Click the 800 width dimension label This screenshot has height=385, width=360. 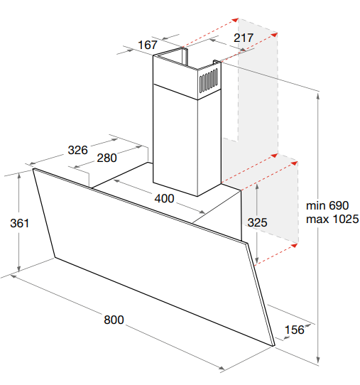point(114,320)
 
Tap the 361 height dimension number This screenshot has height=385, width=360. point(19,223)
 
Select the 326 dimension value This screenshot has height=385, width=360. point(77,150)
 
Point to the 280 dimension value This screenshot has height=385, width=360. point(107,158)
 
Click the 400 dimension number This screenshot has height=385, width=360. point(164,198)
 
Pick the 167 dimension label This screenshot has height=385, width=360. point(147,45)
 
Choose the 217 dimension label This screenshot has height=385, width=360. point(243,38)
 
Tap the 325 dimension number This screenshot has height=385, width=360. point(257,222)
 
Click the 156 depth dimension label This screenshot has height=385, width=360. point(294,330)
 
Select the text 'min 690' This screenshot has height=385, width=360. point(327,205)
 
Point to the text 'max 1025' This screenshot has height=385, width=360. point(332,219)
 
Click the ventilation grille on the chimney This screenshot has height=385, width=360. point(209,80)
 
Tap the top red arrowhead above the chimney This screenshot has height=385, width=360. point(235,20)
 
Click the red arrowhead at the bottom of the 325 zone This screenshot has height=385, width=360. point(294,245)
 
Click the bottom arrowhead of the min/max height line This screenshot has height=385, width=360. point(318,360)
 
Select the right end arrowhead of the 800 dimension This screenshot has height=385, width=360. point(222,368)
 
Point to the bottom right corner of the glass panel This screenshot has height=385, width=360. point(274,346)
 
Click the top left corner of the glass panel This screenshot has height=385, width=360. point(33,168)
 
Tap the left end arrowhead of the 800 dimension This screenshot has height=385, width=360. point(13,276)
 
